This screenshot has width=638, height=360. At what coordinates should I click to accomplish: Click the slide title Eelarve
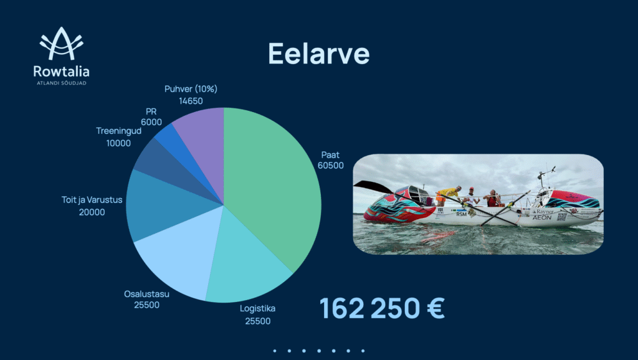click(x=318, y=54)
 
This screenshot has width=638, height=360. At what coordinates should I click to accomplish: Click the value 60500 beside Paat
click(x=330, y=166)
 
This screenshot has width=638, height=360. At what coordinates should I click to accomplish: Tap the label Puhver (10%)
click(x=191, y=88)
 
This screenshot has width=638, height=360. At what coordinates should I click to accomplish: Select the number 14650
click(x=191, y=101)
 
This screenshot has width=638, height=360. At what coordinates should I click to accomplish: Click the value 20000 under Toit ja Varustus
click(x=92, y=212)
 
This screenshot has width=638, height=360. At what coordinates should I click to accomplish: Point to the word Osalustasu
click(x=146, y=294)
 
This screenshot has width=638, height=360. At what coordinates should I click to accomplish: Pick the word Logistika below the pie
click(x=257, y=308)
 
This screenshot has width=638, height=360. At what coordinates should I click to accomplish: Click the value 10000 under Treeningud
click(x=118, y=143)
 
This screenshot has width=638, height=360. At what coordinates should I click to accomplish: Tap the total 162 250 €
click(x=382, y=308)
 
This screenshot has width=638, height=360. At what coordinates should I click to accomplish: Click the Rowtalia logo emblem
click(x=62, y=43)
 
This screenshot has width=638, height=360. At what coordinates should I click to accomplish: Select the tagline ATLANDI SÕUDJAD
click(x=62, y=83)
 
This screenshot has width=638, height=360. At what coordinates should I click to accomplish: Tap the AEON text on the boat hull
click(x=542, y=217)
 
